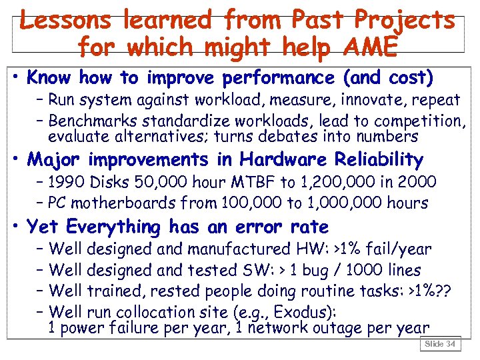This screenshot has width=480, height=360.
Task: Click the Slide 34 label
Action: pos(441,344)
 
